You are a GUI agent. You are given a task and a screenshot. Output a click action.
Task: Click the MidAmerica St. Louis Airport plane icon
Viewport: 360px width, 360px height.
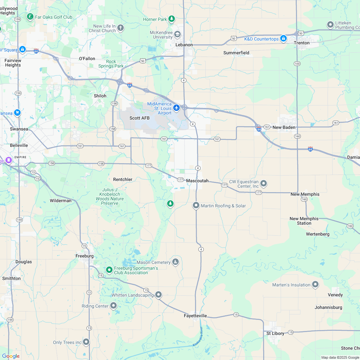pos(176,108)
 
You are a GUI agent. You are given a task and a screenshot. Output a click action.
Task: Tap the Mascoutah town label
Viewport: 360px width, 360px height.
pos(197,181)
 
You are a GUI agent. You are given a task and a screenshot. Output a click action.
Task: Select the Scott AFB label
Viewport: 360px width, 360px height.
pos(139,118)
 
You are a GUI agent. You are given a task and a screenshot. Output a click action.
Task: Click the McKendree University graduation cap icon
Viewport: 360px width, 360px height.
pos(177,34)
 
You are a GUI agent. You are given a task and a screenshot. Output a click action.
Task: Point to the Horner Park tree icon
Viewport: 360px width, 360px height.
pos(172,19)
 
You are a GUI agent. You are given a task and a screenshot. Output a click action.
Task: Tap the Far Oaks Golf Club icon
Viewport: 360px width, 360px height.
pos(30,17)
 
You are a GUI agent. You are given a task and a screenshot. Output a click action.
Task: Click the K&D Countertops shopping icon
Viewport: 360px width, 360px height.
pos(283,39)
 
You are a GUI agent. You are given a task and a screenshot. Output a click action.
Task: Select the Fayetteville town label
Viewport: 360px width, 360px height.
pos(195,316)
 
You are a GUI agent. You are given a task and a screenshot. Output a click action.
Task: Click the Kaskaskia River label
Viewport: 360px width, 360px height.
pos(198,337)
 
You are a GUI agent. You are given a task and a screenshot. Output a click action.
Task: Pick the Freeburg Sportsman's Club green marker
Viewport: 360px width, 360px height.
pos(109,270)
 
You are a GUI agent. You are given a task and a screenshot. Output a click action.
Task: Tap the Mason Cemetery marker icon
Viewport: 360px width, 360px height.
pos(175,262)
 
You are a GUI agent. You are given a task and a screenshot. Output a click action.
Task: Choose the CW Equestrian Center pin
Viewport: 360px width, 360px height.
pos(264,184)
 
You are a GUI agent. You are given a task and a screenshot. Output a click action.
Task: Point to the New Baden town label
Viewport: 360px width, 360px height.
pos(284,127)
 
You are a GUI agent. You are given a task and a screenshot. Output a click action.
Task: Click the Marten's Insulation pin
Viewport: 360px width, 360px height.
pos(315,284)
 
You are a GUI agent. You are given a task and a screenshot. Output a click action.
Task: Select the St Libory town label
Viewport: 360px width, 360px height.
pos(275,333)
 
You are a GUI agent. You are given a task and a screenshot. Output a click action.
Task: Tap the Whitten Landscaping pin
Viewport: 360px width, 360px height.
pos(158,294)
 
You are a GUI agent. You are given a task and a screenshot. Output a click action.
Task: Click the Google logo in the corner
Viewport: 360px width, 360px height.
pos(11,356)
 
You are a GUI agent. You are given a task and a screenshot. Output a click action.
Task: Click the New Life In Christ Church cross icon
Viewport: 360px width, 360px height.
pos(121,28)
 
